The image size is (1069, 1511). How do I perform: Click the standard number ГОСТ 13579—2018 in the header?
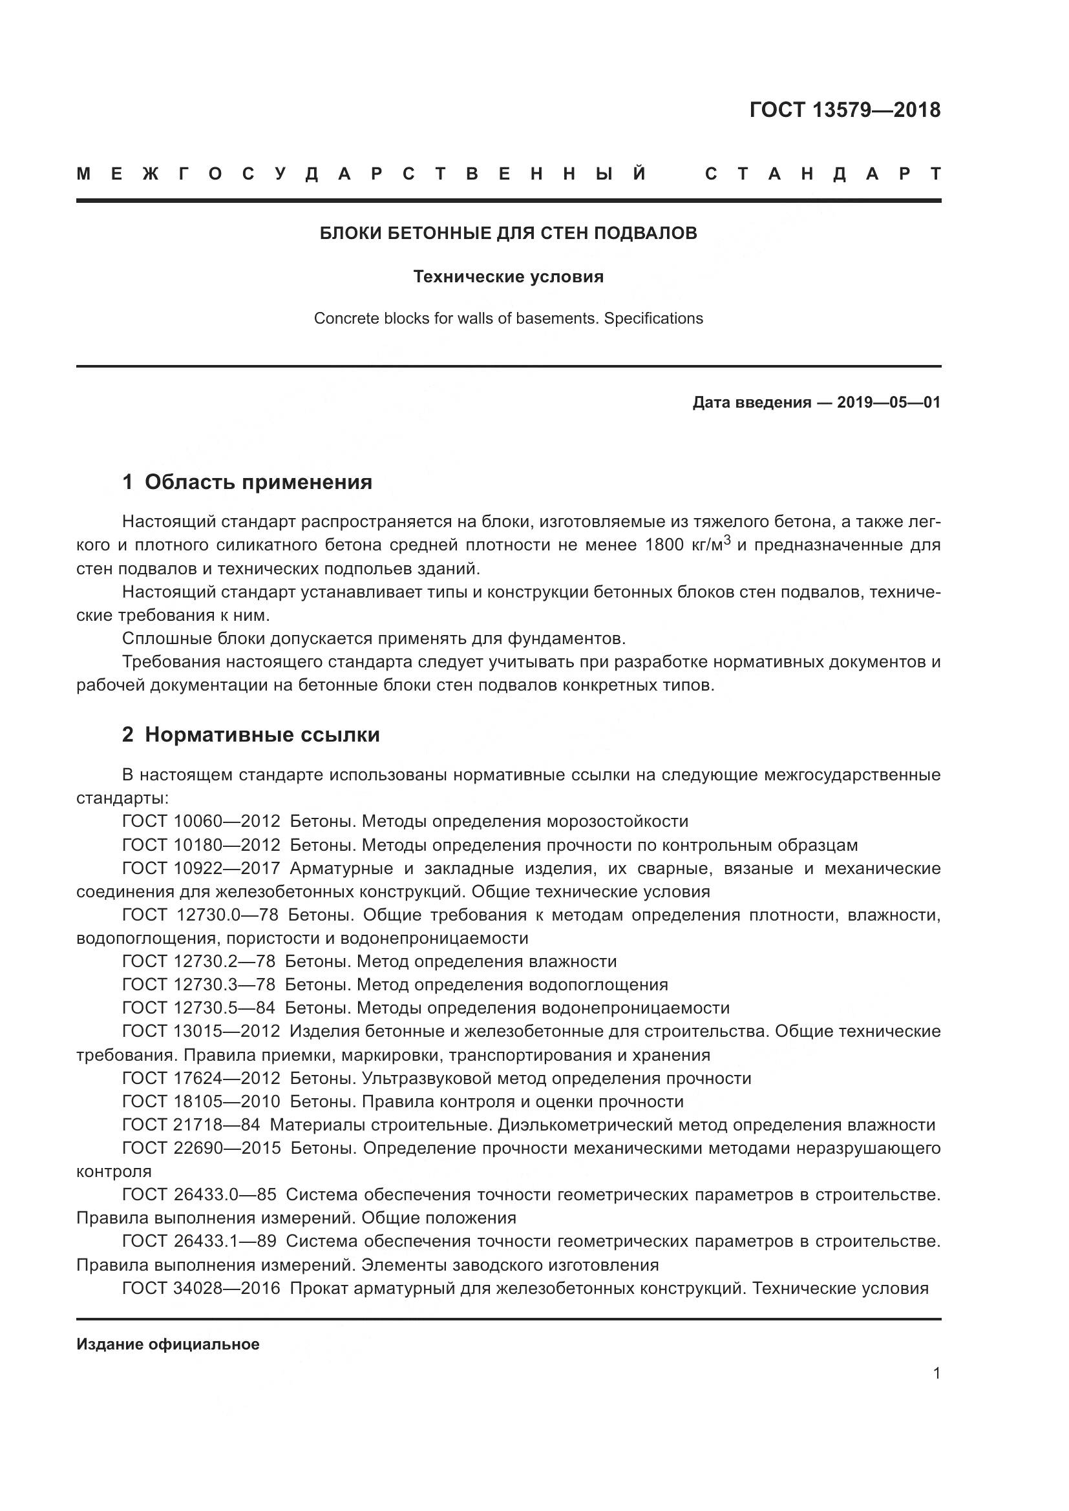click(x=845, y=110)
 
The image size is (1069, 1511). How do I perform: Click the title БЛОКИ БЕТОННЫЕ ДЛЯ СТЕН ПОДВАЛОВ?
click(x=508, y=233)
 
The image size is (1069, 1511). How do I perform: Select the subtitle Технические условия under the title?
click(x=508, y=276)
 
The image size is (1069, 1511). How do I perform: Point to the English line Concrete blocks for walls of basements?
click(x=508, y=318)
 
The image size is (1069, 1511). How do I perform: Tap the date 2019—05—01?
click(x=889, y=402)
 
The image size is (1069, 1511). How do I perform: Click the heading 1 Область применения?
click(x=247, y=483)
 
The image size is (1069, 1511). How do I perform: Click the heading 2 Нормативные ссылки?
click(x=251, y=735)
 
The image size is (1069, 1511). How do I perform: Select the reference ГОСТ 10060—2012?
click(x=201, y=821)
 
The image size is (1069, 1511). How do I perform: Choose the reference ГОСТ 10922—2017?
click(x=201, y=868)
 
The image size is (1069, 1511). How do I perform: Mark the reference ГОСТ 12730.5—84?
click(x=198, y=1008)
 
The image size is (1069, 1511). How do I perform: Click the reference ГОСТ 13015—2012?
click(x=201, y=1031)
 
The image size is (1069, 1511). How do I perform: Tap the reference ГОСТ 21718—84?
click(x=191, y=1125)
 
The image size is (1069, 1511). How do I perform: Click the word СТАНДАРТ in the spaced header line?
click(x=823, y=174)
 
